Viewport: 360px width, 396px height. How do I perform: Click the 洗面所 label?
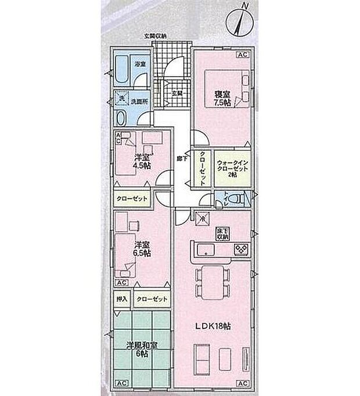pyautogui.click(x=139, y=100)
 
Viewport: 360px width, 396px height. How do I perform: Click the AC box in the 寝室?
pyautogui.click(x=243, y=55)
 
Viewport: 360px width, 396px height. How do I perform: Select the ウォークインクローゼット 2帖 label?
pyautogui.click(x=232, y=167)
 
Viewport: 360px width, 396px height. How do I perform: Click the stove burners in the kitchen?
pyautogui.click(x=240, y=250)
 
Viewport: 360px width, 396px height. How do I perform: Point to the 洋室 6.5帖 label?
pyautogui.click(x=143, y=249)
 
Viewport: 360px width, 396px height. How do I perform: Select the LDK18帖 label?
pyautogui.click(x=213, y=326)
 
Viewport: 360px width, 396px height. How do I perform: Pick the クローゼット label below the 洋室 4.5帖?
pyautogui.click(x=131, y=198)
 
